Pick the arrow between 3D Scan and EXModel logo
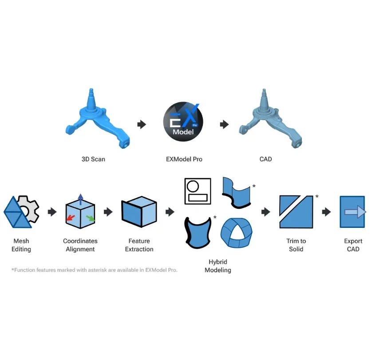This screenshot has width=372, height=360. point(142,125)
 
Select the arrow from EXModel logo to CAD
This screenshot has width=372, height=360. point(225,125)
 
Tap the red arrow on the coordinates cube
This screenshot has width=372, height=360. point(70,219)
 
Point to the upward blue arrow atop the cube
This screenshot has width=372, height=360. point(80,198)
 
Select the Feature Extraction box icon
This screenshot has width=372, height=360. point(139,212)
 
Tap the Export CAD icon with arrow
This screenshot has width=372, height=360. point(352,212)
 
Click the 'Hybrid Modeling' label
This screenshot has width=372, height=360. point(218,266)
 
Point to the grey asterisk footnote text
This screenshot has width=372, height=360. point(95,270)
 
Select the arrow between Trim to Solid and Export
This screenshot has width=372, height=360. point(326,212)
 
